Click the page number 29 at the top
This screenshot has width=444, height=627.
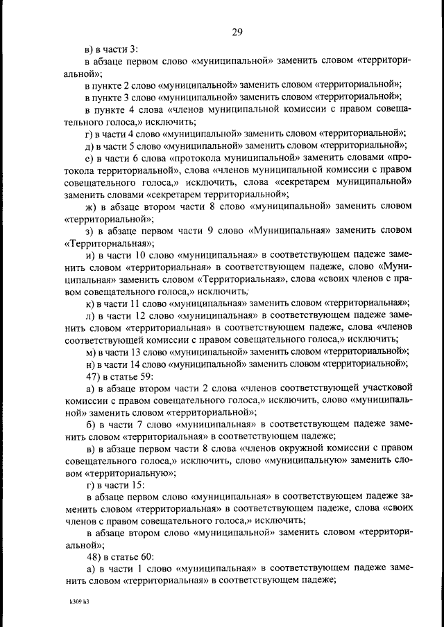tap(237, 31)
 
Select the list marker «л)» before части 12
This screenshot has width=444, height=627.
tap(90, 315)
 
